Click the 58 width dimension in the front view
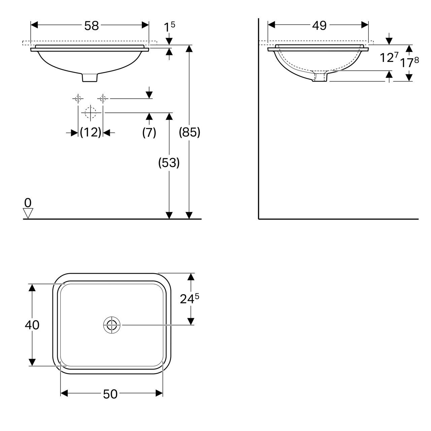[91, 26]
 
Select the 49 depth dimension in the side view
[319, 26]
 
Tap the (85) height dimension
[190, 133]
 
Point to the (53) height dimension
[169, 163]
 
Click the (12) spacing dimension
[91, 133]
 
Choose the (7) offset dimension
[149, 133]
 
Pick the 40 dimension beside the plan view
[32, 325]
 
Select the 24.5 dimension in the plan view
[189, 298]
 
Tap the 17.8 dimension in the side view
[409, 62]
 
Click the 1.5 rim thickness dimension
[169, 27]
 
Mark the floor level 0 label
[28, 203]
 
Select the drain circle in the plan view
[111, 325]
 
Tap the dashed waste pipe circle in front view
[91, 112]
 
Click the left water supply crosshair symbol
[78, 98]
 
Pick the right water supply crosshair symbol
[103, 98]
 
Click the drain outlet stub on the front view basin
[90, 77]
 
